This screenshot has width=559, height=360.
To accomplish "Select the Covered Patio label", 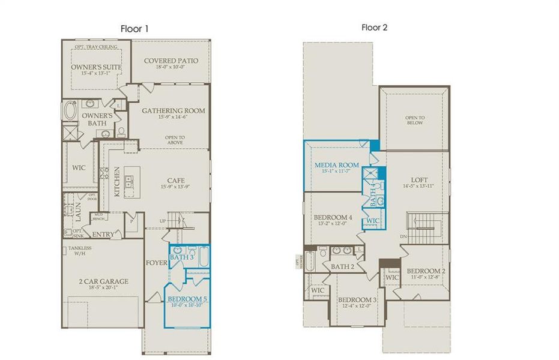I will pos(171,61).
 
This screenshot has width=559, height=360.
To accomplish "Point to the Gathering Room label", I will pos(173,110).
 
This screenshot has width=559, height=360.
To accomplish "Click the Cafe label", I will pos(175,180).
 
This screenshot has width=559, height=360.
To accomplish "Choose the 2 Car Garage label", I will pos(103,281).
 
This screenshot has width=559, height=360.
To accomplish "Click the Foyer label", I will pos(153,262).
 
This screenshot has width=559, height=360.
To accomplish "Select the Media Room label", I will pos(337,164).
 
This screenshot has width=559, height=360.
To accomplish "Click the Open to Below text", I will pos(414,119).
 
